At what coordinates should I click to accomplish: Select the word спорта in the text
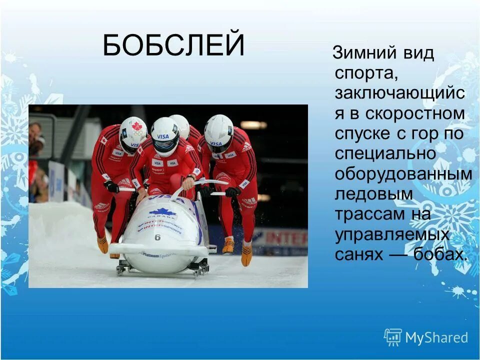(366, 73)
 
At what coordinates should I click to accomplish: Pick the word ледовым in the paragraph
(374, 193)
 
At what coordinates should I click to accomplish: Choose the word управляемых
(392, 234)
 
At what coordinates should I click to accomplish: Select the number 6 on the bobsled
(157, 237)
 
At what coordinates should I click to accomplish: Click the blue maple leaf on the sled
(162, 212)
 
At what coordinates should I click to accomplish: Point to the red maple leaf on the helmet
(136, 126)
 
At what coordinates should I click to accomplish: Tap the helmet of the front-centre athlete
(164, 135)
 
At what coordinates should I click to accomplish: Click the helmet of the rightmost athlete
(219, 132)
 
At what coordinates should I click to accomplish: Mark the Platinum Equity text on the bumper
(158, 254)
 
